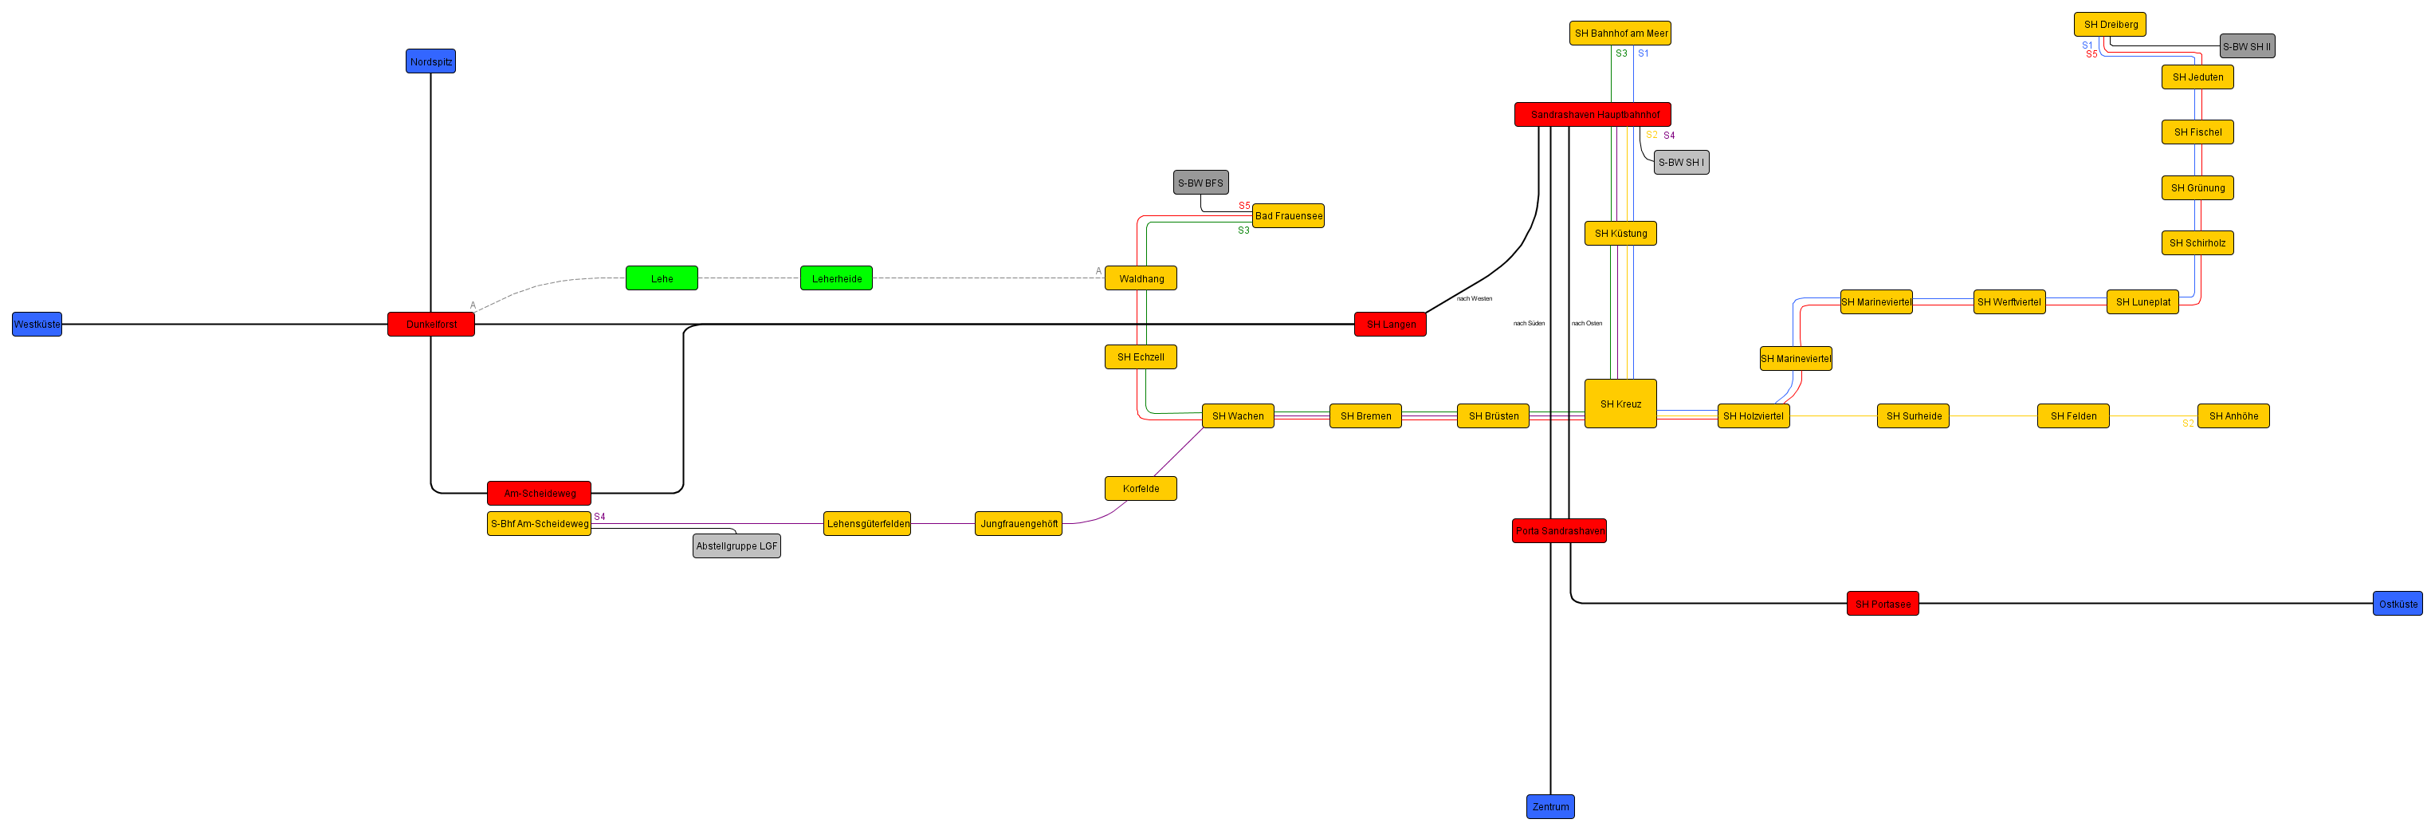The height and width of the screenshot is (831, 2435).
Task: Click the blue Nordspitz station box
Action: (x=430, y=61)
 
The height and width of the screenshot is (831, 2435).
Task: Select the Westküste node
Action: (x=37, y=325)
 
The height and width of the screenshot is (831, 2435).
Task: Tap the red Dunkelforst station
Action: (x=431, y=325)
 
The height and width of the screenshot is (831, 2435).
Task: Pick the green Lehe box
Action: (x=662, y=278)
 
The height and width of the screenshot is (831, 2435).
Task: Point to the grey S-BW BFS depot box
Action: (x=1200, y=183)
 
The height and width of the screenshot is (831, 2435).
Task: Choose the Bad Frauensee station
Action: (x=1288, y=215)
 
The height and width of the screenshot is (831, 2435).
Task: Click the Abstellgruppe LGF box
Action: (x=736, y=545)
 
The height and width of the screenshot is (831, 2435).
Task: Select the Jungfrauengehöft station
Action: (x=1018, y=524)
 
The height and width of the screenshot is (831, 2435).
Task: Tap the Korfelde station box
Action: (x=1141, y=489)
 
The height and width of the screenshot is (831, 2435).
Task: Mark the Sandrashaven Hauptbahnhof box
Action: (x=1593, y=114)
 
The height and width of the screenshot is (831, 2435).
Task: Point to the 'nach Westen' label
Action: (x=1474, y=299)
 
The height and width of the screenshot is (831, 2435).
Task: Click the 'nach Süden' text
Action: (x=1529, y=323)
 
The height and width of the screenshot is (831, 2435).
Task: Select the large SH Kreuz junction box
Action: (x=1620, y=404)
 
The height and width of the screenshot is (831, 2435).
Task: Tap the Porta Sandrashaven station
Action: (x=1559, y=531)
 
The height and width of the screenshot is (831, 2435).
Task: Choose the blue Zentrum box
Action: (x=1550, y=806)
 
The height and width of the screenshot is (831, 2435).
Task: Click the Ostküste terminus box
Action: (x=2398, y=604)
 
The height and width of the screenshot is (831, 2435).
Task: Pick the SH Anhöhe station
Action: (x=2233, y=416)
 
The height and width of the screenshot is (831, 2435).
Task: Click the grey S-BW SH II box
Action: (x=2247, y=46)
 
